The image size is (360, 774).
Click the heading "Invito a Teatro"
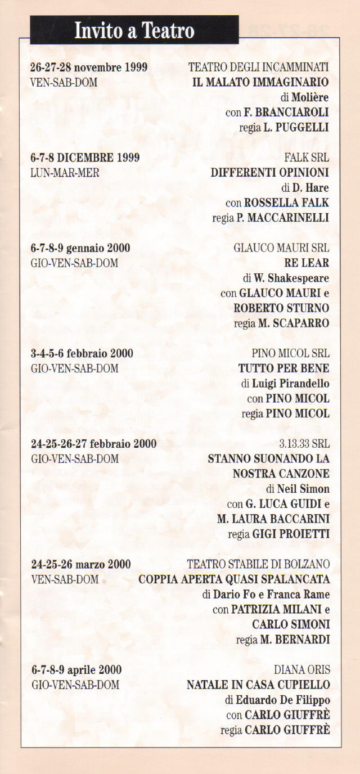pyautogui.click(x=134, y=30)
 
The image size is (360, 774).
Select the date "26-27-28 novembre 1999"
pyautogui.click(x=89, y=67)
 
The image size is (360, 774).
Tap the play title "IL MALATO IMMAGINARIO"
pyautogui.click(x=260, y=83)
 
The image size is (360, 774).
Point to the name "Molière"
pyautogui.click(x=310, y=97)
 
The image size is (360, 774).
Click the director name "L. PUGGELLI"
pyautogui.click(x=296, y=128)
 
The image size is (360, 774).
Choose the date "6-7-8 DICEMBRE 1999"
pyautogui.click(x=85, y=157)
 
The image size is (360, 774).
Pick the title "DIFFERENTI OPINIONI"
pyautogui.click(x=270, y=173)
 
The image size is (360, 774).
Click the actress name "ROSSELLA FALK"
pyautogui.click(x=286, y=202)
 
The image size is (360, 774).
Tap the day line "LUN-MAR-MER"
pyautogui.click(x=65, y=173)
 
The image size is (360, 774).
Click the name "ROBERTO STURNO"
pyautogui.click(x=281, y=308)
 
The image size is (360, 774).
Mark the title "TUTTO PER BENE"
pyautogui.click(x=284, y=368)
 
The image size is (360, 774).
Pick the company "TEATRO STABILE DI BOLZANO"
pyautogui.click(x=258, y=564)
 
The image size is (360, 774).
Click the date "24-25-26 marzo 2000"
pyautogui.click(x=81, y=564)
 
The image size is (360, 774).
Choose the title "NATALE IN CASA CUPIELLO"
pyautogui.click(x=258, y=685)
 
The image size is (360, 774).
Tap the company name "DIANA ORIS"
pyautogui.click(x=301, y=670)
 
